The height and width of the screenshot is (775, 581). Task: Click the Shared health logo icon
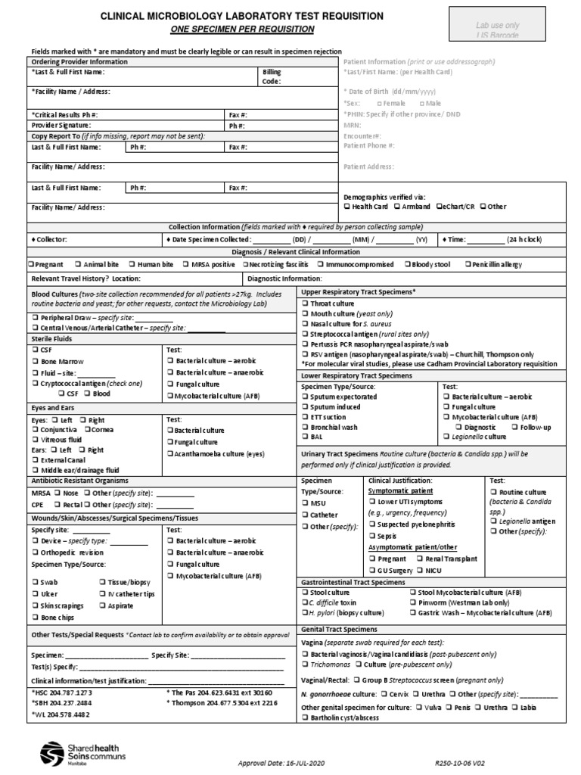tap(53, 752)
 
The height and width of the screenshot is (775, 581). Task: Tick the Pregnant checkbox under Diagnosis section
tap(32, 265)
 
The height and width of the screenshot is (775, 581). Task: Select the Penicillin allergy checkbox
tap(469, 265)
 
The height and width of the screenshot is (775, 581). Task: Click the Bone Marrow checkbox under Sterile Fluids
tap(35, 362)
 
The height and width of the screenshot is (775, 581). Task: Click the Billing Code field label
tap(272, 76)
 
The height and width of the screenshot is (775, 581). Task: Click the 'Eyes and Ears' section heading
tap(54, 407)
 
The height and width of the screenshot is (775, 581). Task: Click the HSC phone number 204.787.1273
tap(61, 693)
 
